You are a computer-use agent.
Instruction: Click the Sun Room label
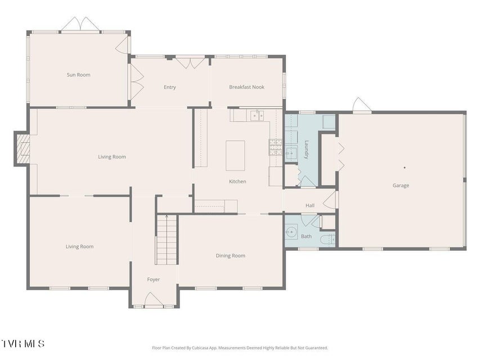pyautogui.click(x=79, y=75)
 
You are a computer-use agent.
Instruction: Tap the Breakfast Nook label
pyautogui.click(x=246, y=87)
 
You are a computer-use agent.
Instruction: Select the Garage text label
pyautogui.click(x=401, y=186)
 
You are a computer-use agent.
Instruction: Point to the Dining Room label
pyautogui.click(x=231, y=255)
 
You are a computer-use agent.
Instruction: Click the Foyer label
pyautogui.click(x=154, y=280)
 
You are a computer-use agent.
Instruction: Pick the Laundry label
pyautogui.click(x=306, y=150)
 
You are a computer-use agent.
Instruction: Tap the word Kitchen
pyautogui.click(x=237, y=182)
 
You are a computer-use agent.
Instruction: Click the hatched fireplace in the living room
pyautogui.click(x=23, y=148)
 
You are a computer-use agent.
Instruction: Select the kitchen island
pyautogui.click(x=235, y=155)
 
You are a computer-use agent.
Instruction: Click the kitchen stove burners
pyautogui.click(x=276, y=147)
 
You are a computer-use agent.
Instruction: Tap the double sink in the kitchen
pyautogui.click(x=257, y=116)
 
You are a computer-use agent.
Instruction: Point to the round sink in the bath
pyautogui.click(x=291, y=232)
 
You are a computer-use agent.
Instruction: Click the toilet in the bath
pyautogui.click(x=328, y=238)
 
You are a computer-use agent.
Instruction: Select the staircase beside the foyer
pyautogui.click(x=167, y=240)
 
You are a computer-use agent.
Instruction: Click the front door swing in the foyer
pyautogui.click(x=154, y=299)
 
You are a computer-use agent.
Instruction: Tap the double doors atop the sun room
pyautogui.click(x=80, y=24)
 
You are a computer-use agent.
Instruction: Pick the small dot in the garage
pyautogui.click(x=405, y=168)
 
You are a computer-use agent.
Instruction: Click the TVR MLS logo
pyautogui.click(x=23, y=344)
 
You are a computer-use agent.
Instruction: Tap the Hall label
pyautogui.click(x=310, y=205)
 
